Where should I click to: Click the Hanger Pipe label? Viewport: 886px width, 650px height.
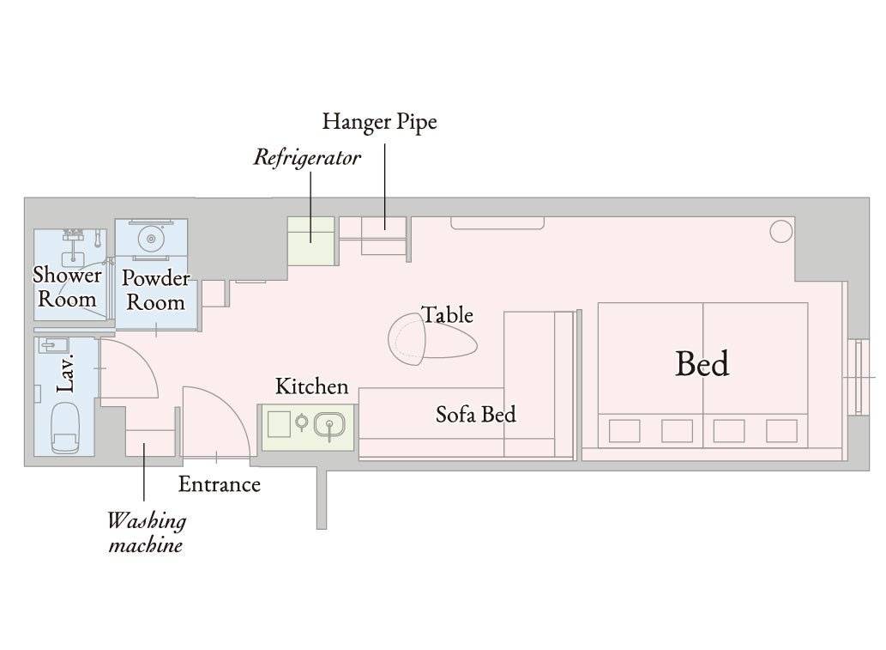pyautogui.click(x=380, y=122)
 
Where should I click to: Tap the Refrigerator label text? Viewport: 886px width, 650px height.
pyautogui.click(x=307, y=157)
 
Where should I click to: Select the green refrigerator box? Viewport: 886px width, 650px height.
pyautogui.click(x=310, y=241)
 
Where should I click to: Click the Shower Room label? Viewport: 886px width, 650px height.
pyautogui.click(x=67, y=287)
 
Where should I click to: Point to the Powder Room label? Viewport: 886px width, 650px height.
pyautogui.click(x=156, y=290)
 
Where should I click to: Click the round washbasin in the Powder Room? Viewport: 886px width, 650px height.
pyautogui.click(x=151, y=239)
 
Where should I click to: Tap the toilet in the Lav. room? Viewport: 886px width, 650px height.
pyautogui.click(x=65, y=428)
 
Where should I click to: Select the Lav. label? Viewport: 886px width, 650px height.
pyautogui.click(x=65, y=374)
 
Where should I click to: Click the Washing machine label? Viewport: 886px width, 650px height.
pyautogui.click(x=147, y=533)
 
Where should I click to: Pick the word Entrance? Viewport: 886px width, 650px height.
pyautogui.click(x=220, y=484)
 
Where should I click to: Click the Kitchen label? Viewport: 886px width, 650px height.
pyautogui.click(x=312, y=386)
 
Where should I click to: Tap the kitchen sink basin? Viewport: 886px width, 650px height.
pyautogui.click(x=329, y=425)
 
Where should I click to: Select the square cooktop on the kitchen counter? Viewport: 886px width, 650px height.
pyautogui.click(x=279, y=424)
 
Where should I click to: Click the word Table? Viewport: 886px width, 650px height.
pyautogui.click(x=448, y=315)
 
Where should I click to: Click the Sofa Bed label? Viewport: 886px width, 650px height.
pyautogui.click(x=476, y=415)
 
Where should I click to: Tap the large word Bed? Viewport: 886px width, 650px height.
pyautogui.click(x=702, y=364)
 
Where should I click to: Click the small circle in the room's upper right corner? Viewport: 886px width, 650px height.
pyautogui.click(x=781, y=231)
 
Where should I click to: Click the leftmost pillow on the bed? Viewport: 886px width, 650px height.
pyautogui.click(x=624, y=431)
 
